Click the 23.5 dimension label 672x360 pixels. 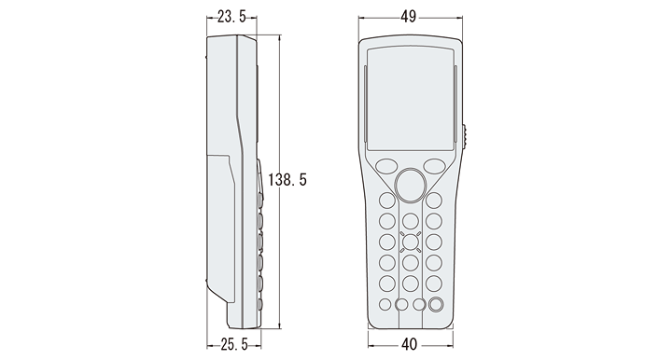[x=231, y=17]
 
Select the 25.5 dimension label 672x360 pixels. [x=234, y=344]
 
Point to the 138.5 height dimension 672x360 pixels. [x=287, y=180]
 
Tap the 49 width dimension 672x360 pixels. [x=409, y=16]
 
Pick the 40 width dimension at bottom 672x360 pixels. [x=410, y=344]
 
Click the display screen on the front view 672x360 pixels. [x=411, y=99]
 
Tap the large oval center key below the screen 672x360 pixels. [x=411, y=186]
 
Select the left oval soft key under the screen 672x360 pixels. [x=386, y=166]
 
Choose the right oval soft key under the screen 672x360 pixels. [x=435, y=166]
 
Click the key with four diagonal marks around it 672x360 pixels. [x=411, y=242]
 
